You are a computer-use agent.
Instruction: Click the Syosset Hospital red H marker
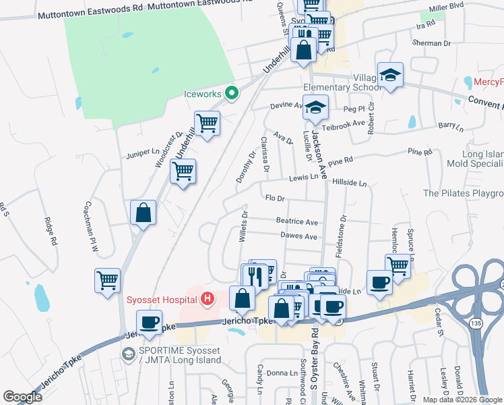(x=208, y=298)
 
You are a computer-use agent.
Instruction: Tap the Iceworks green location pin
(x=231, y=93)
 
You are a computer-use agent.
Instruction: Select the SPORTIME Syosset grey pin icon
(x=128, y=353)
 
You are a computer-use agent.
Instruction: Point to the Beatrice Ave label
(x=297, y=221)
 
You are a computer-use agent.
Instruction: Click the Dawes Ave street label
(x=298, y=236)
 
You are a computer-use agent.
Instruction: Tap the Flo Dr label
(x=276, y=199)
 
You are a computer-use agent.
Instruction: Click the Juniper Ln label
(x=141, y=154)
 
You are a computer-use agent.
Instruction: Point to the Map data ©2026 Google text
(x=462, y=400)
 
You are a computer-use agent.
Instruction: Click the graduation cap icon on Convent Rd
(x=390, y=76)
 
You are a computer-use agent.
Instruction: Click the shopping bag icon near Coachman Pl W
(x=144, y=213)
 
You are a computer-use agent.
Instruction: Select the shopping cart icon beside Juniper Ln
(x=183, y=171)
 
